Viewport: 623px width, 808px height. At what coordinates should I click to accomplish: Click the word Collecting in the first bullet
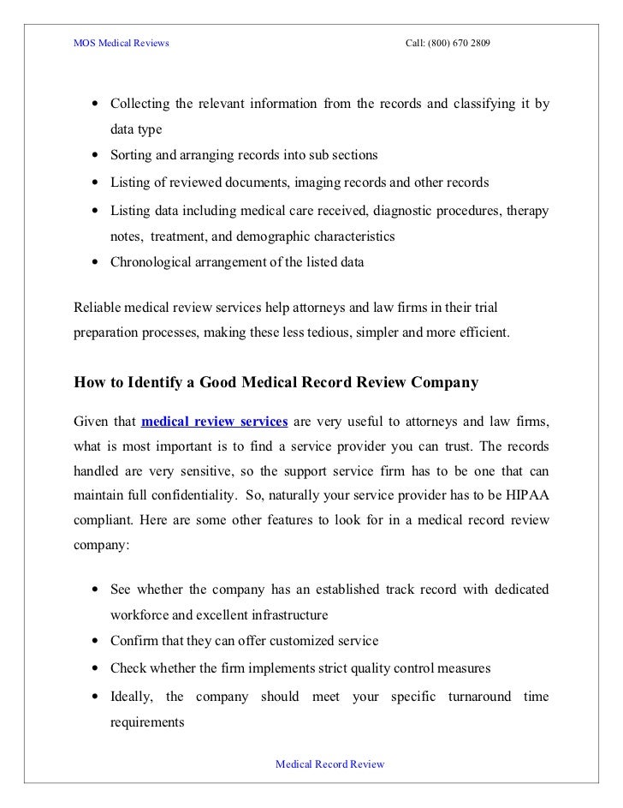139,105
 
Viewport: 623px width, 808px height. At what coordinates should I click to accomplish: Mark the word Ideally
131,696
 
